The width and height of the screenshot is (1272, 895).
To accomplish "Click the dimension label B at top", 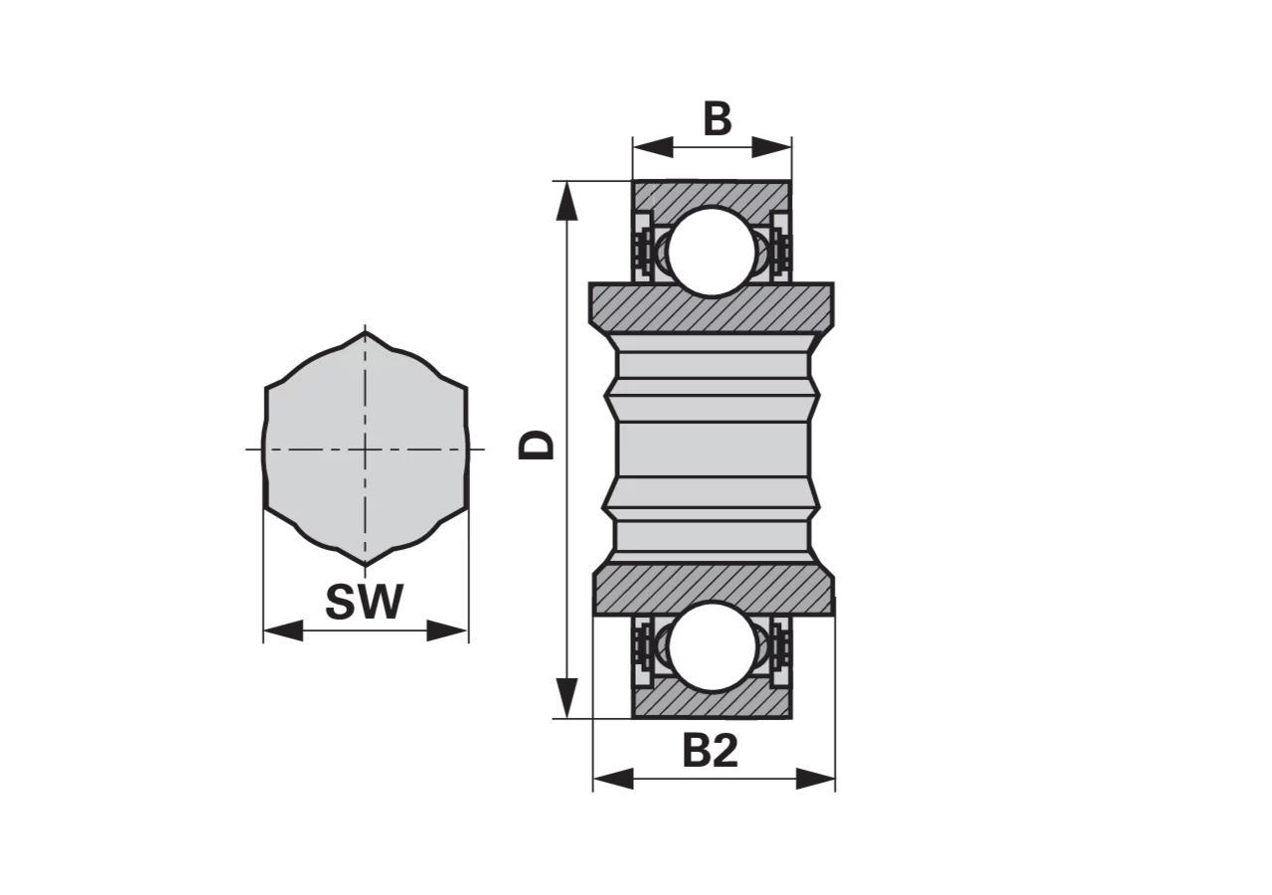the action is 717,119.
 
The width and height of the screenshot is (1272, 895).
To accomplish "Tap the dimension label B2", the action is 710,750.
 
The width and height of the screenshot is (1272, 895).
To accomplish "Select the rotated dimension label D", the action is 536,445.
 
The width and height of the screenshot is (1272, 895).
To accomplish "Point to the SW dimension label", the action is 364,602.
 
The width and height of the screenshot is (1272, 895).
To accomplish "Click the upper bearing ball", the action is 712,252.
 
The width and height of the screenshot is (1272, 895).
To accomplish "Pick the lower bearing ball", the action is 713,646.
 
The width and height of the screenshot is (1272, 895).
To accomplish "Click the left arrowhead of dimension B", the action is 653,147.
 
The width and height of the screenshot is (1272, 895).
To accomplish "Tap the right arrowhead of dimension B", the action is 771,147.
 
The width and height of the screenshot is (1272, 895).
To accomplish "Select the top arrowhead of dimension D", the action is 566,201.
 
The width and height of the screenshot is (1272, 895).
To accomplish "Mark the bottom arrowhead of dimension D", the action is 566,698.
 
